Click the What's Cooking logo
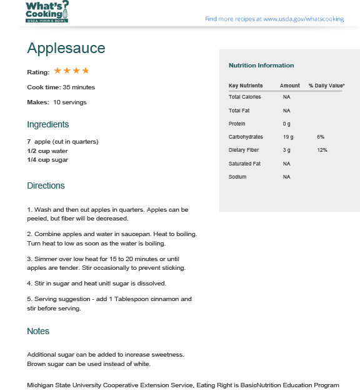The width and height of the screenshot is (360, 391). [46, 11]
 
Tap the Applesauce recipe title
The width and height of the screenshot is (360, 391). [66, 48]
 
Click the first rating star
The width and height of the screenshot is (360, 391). [57, 71]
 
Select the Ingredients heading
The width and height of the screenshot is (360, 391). [47, 124]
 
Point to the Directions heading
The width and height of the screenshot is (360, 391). [46, 186]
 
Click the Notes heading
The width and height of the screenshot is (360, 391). [38, 331]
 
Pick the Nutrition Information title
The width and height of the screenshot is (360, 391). [261, 66]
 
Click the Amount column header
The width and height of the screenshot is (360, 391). [289, 86]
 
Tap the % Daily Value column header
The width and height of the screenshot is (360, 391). [326, 86]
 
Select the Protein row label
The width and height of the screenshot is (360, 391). [237, 124]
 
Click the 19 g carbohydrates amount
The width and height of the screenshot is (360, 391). [287, 137]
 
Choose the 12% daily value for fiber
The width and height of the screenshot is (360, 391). [322, 150]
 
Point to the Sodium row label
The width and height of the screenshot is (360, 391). [237, 177]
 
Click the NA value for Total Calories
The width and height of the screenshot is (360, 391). [286, 97]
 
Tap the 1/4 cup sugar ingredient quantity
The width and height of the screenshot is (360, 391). [38, 160]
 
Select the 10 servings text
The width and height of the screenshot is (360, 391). [70, 102]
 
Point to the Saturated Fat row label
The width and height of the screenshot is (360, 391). [244, 164]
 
